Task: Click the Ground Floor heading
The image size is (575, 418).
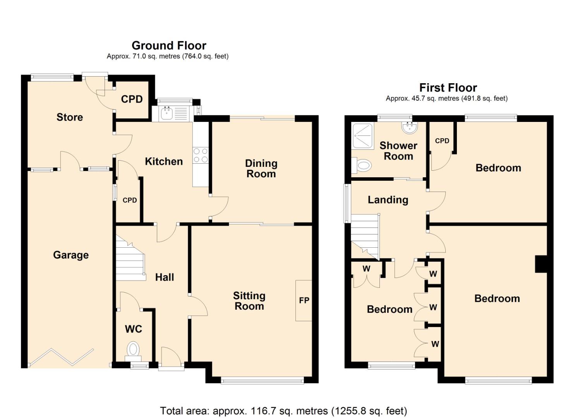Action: click(169, 46)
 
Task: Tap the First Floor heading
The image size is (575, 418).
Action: click(448, 88)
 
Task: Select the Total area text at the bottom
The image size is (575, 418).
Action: click(283, 411)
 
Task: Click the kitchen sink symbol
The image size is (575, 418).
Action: click(167, 113)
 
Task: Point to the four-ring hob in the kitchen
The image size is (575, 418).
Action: click(201, 155)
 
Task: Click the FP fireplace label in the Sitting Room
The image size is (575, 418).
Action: click(304, 300)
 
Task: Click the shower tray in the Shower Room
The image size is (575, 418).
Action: click(363, 136)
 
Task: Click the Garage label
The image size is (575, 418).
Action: click(71, 255)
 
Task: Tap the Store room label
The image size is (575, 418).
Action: click(70, 117)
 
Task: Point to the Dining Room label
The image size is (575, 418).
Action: click(261, 168)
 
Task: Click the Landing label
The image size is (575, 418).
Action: click(388, 200)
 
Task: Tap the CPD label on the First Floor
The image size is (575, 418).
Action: click(442, 141)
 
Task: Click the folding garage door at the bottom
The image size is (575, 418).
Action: click(62, 357)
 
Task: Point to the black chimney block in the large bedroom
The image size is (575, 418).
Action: click(541, 264)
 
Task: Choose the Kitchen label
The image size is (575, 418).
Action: click(164, 161)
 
